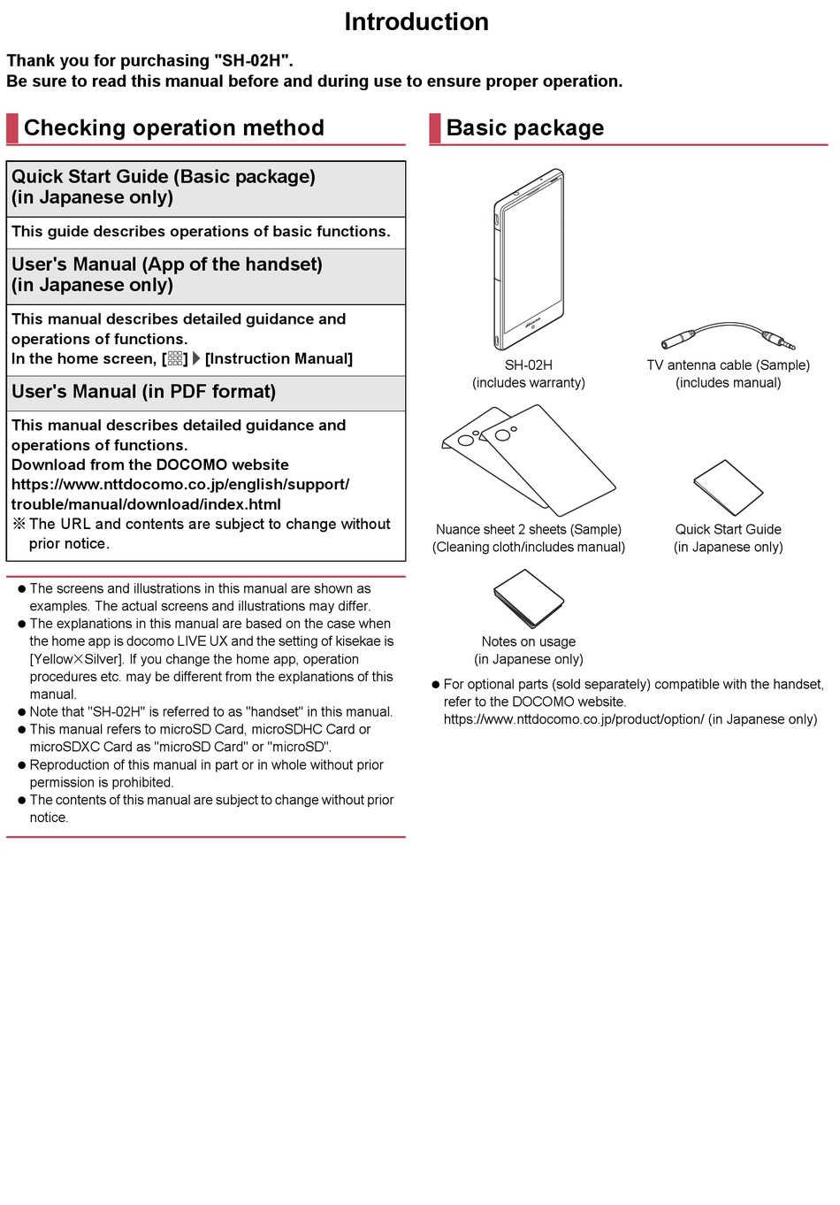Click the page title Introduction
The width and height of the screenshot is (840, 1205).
416,22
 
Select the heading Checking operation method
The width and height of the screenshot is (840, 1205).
173,128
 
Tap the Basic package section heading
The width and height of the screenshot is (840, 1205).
524,128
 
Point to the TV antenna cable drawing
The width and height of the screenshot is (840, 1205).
728,336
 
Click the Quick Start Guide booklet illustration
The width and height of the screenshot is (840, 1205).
728,487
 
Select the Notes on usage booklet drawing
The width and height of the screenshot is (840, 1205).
528,599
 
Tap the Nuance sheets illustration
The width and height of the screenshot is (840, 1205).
529,460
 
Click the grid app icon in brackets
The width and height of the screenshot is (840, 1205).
175,359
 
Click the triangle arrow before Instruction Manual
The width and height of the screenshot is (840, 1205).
196,359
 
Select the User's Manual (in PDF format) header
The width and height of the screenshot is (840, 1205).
143,392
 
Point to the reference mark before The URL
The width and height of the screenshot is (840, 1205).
19,525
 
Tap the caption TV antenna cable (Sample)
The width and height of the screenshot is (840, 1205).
728,365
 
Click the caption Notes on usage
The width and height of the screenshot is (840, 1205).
528,642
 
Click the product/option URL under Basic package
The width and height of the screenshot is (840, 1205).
574,720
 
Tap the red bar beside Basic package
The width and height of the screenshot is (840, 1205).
435,128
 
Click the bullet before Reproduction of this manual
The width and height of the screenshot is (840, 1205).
22,765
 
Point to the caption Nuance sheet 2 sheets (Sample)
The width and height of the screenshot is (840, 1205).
528,530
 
